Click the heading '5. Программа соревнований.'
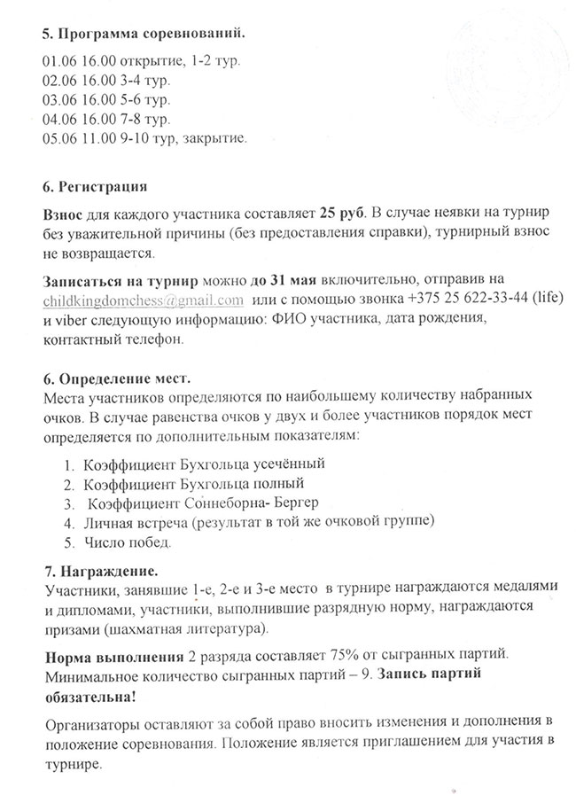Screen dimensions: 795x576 coord(142,34)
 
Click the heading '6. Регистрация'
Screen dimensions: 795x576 coord(94,189)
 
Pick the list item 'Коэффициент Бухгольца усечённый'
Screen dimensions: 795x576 coord(205,464)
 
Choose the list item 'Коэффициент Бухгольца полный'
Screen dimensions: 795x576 coord(193,484)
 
